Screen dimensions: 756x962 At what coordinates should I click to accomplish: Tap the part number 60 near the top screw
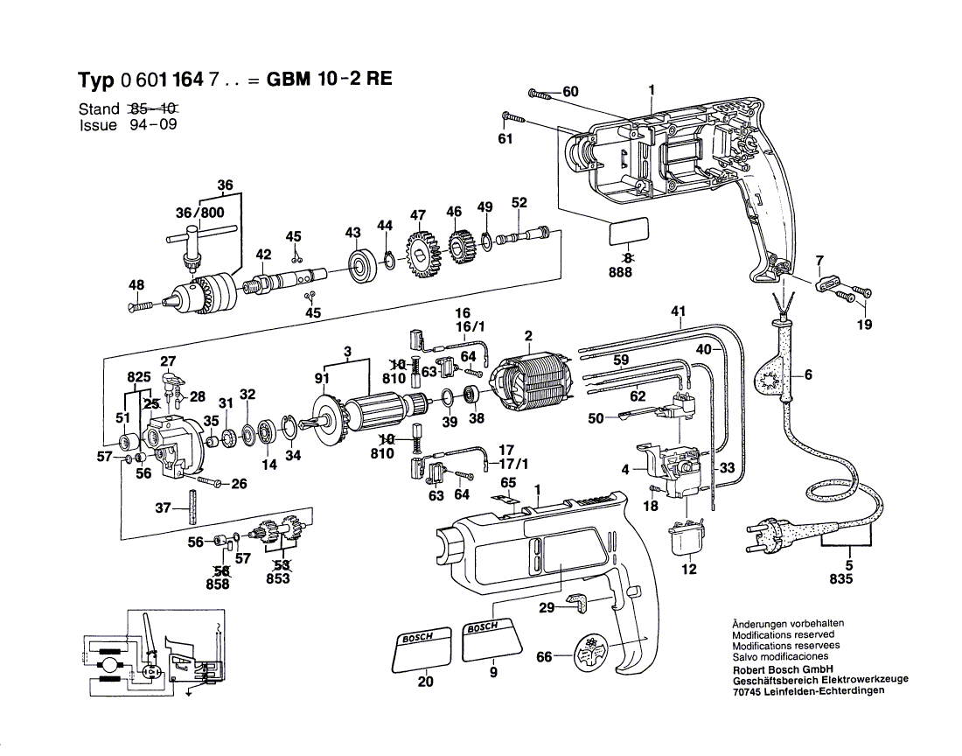click(570, 92)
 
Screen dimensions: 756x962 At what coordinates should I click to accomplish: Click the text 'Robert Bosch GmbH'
click(780, 668)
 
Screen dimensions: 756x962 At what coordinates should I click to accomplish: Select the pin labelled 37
click(192, 509)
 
